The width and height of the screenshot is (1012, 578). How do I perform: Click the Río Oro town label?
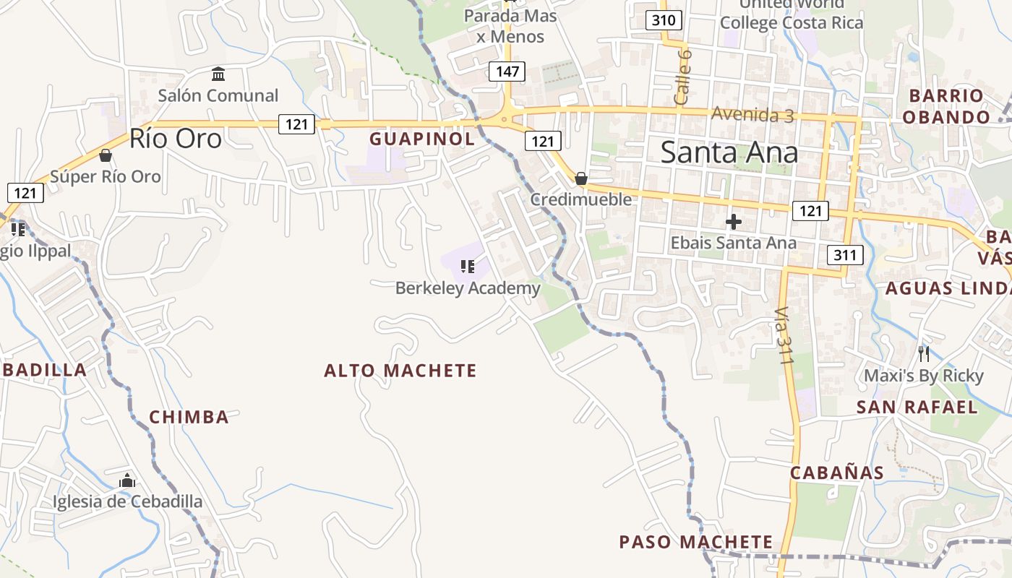coord(176,139)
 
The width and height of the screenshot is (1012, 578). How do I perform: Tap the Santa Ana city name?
coord(729,152)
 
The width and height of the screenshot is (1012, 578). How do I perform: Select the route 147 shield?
coord(507,72)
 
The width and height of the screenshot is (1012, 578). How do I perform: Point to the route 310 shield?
coord(663,20)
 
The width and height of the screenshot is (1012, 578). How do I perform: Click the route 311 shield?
coord(844,254)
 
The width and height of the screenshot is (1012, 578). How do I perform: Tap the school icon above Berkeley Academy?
coord(468,267)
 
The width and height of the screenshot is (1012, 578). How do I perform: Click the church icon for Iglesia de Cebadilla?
coord(127,480)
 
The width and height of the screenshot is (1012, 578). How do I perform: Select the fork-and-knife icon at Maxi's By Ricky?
coord(923,353)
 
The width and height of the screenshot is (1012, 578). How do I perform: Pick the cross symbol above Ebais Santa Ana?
coord(734,222)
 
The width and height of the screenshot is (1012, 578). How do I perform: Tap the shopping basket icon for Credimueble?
coord(580,178)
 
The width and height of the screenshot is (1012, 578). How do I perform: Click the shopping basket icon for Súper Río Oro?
coord(106,155)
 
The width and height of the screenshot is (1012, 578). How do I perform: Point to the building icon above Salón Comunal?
coord(218,74)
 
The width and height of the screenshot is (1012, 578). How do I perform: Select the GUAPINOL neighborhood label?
coord(422,139)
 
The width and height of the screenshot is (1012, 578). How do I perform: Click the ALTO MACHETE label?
coord(400,371)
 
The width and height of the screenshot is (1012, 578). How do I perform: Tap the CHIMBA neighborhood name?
coord(189,417)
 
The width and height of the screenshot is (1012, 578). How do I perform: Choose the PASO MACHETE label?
coord(695,542)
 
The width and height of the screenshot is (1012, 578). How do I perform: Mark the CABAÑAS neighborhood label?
coord(836,473)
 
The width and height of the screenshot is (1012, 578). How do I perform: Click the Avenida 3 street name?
coord(752,114)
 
